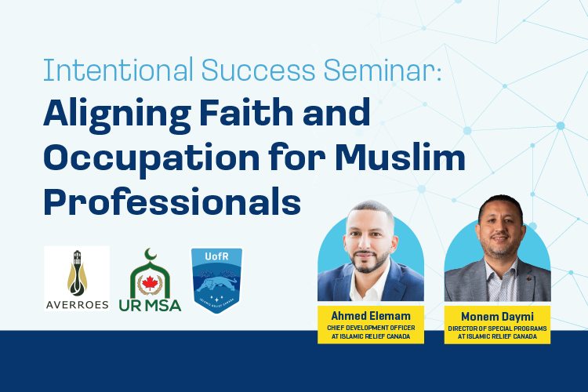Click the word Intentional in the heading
tap(118, 70)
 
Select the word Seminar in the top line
tap(383, 70)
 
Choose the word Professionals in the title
tap(172, 201)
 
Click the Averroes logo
tap(77, 278)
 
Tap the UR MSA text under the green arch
tap(150, 305)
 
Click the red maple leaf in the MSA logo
tap(150, 282)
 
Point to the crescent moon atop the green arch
tap(151, 254)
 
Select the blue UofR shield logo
tap(216, 280)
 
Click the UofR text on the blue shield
tap(216, 256)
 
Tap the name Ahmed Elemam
tap(371, 316)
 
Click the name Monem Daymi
tap(497, 317)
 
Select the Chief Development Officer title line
tap(371, 328)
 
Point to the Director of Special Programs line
tap(497, 328)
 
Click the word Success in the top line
tap(259, 70)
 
